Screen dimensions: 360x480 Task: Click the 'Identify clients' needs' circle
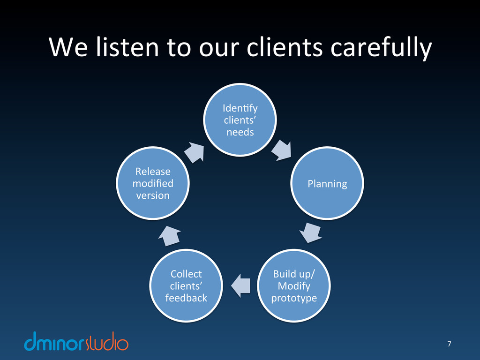click(x=240, y=120)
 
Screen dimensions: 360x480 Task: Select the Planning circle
click(x=327, y=183)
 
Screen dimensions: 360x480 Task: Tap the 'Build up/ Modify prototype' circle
click(x=294, y=285)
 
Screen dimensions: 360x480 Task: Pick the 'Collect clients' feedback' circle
click(x=186, y=285)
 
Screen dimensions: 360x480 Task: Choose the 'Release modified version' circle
click(x=153, y=183)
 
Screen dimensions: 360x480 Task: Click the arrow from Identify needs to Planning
click(x=281, y=150)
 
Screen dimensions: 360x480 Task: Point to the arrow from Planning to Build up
click(x=310, y=232)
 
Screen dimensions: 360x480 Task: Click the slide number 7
click(x=449, y=345)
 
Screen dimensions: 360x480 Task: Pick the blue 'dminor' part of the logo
click(x=55, y=343)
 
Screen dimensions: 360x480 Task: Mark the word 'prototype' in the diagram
click(x=294, y=298)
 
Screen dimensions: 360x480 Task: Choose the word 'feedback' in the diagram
click(x=186, y=298)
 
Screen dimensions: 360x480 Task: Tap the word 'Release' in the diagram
click(x=153, y=172)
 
